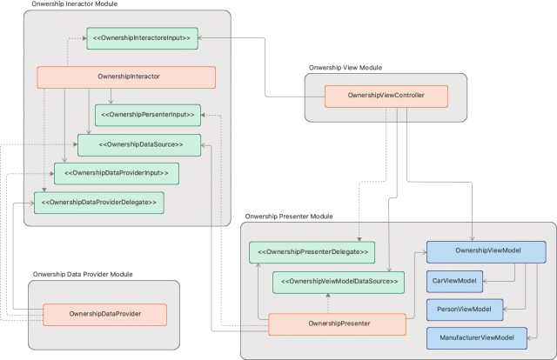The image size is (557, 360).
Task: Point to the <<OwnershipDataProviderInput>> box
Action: coord(116,173)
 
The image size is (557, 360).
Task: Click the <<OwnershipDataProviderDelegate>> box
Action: coord(98,202)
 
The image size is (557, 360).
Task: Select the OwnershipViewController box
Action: coord(386,96)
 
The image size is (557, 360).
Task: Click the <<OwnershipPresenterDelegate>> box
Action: coord(312,252)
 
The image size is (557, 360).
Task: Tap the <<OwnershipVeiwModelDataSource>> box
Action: coord(338,282)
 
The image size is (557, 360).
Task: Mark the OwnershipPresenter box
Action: coord(338,325)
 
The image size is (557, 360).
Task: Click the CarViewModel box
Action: coord(455,280)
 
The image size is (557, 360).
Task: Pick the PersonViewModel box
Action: coord(459,309)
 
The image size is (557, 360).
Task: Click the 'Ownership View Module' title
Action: coord(346,67)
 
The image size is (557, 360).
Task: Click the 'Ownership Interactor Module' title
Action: coord(75,4)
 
